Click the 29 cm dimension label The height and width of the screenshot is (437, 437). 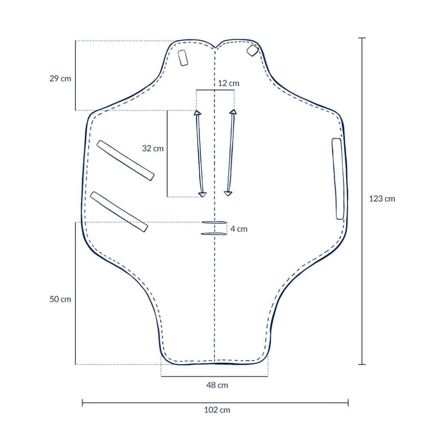pyautogui.click(x=60, y=79)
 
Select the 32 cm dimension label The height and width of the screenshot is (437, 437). pyautogui.click(x=153, y=149)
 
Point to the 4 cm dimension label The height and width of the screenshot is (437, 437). pyautogui.click(x=239, y=229)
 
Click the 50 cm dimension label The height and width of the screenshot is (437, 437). pyautogui.click(x=60, y=299)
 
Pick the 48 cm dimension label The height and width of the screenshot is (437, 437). pyautogui.click(x=217, y=385)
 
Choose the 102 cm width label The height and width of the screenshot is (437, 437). pyautogui.click(x=217, y=410)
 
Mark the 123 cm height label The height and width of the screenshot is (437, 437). pyautogui.click(x=382, y=198)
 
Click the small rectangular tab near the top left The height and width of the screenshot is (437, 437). pyautogui.click(x=183, y=58)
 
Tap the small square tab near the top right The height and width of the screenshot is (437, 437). pyautogui.click(x=252, y=50)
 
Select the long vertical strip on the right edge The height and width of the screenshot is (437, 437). pyautogui.click(x=338, y=179)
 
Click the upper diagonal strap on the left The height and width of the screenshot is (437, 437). pyautogui.click(x=125, y=160)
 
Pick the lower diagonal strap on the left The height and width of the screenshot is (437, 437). pyautogui.click(x=119, y=212)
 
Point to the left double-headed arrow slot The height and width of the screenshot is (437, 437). pyautogui.click(x=200, y=153)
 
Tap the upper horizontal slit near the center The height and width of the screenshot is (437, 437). pyautogui.click(x=214, y=223)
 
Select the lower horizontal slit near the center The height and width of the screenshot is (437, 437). pyautogui.click(x=214, y=234)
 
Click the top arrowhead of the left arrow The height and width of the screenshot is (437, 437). pyautogui.click(x=197, y=113)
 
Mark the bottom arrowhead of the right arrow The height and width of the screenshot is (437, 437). pyautogui.click(x=228, y=193)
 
